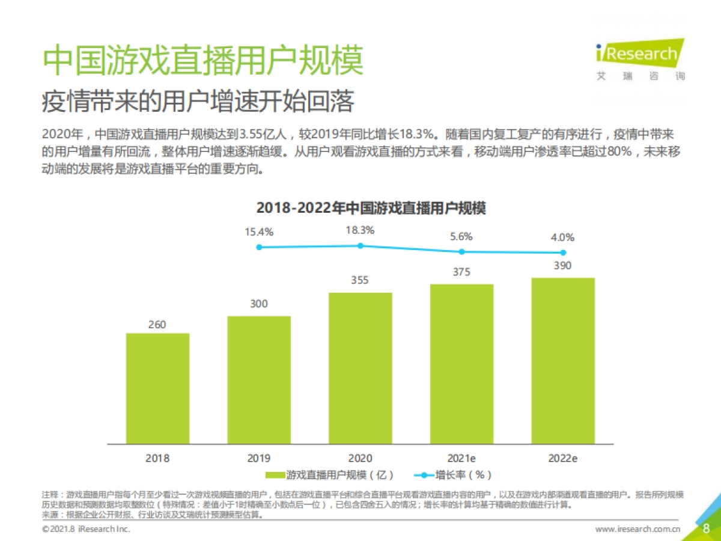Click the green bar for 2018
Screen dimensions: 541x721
(x=157, y=388)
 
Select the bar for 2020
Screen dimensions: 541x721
(x=360, y=368)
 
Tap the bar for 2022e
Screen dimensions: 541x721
(x=563, y=361)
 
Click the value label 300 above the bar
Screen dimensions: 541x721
(x=259, y=304)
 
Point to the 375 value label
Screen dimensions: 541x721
(x=461, y=272)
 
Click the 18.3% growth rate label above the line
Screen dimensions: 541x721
(x=360, y=230)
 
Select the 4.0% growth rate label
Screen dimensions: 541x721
(x=562, y=237)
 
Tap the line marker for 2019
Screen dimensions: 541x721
(x=259, y=247)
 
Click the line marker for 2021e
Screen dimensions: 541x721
(x=461, y=252)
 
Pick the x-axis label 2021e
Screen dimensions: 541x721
(x=461, y=458)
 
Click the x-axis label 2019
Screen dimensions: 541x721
(x=259, y=458)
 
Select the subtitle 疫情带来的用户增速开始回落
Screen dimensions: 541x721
(x=198, y=102)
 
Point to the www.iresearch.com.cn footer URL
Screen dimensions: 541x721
(x=637, y=529)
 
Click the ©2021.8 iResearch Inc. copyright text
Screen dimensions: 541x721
(x=86, y=529)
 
